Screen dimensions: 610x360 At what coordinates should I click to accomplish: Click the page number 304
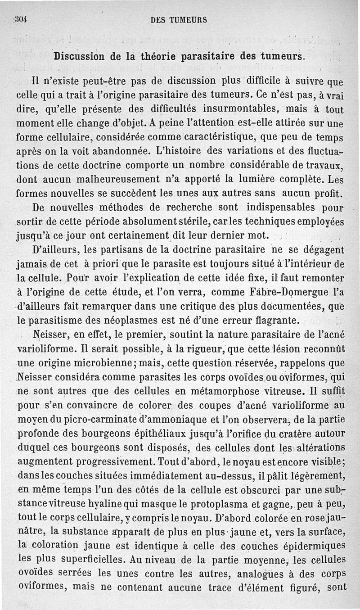click(x=21, y=20)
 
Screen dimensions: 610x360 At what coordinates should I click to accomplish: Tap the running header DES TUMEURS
click(x=179, y=20)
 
